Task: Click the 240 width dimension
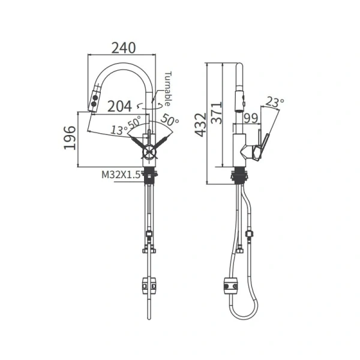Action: [x=124, y=48]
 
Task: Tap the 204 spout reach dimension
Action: [x=119, y=106]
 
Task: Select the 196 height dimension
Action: [x=70, y=138]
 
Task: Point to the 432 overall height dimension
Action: [x=200, y=125]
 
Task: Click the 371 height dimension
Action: [x=217, y=113]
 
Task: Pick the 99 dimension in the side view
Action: [x=250, y=118]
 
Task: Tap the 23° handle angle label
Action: [x=275, y=103]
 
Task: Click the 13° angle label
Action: [x=119, y=130]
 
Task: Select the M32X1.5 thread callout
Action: [x=121, y=175]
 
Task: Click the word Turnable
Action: [x=168, y=89]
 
